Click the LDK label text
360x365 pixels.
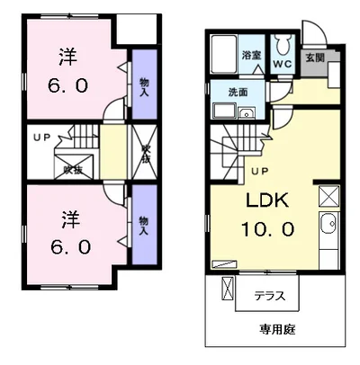coord(267,200)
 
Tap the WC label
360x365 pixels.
coord(282,64)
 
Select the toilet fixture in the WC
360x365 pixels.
coord(282,45)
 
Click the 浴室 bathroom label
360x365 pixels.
coord(252,55)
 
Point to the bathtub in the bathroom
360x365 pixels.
coord(224,54)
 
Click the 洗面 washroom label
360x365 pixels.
coord(238,93)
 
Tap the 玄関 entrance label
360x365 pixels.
coord(315,58)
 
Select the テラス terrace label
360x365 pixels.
coord(270,296)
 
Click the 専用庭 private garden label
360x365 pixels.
coord(277,330)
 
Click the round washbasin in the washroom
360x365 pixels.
coord(247,114)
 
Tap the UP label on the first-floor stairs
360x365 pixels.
coord(260,172)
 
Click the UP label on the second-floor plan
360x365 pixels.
coord(41,138)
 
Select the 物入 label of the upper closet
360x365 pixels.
coord(144,86)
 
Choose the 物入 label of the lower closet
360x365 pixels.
coord(144,226)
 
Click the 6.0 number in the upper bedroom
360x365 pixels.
coord(67,85)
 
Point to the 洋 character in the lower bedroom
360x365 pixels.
coord(71,219)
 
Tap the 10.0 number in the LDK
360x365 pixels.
coord(267,229)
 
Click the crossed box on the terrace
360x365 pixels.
coord(227,289)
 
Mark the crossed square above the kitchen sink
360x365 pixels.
coord(328,196)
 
